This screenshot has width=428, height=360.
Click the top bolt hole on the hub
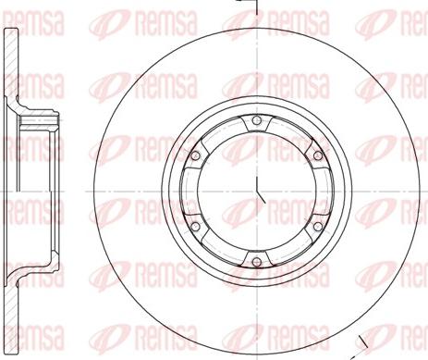(x=256, y=127)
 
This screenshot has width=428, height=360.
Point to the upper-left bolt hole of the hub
(x=197, y=154)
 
